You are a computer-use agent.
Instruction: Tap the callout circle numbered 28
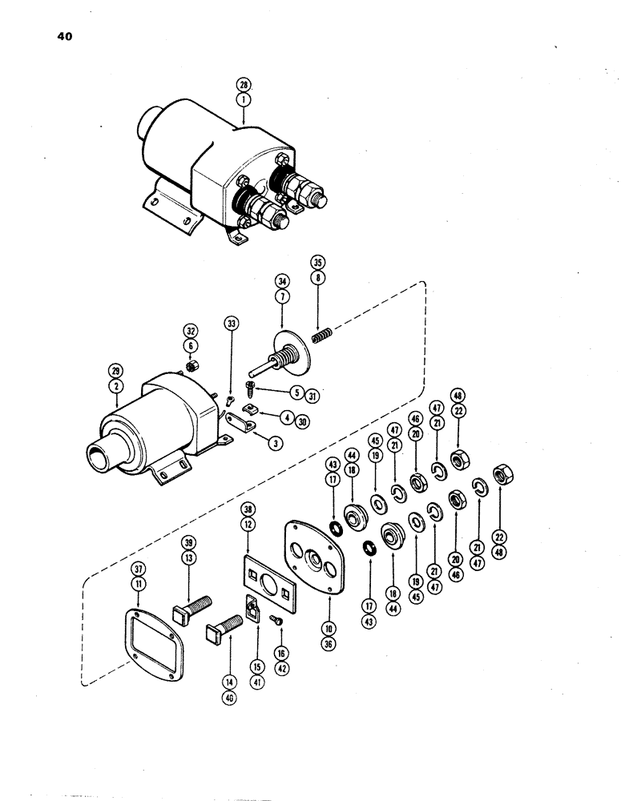(x=244, y=85)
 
